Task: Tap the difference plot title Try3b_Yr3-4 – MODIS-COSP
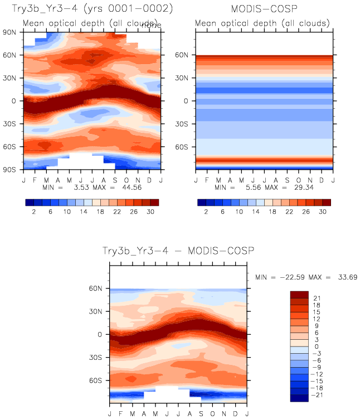[x=178, y=251]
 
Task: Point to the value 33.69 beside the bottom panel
[x=345, y=277]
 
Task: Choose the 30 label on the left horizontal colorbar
[x=151, y=213]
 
